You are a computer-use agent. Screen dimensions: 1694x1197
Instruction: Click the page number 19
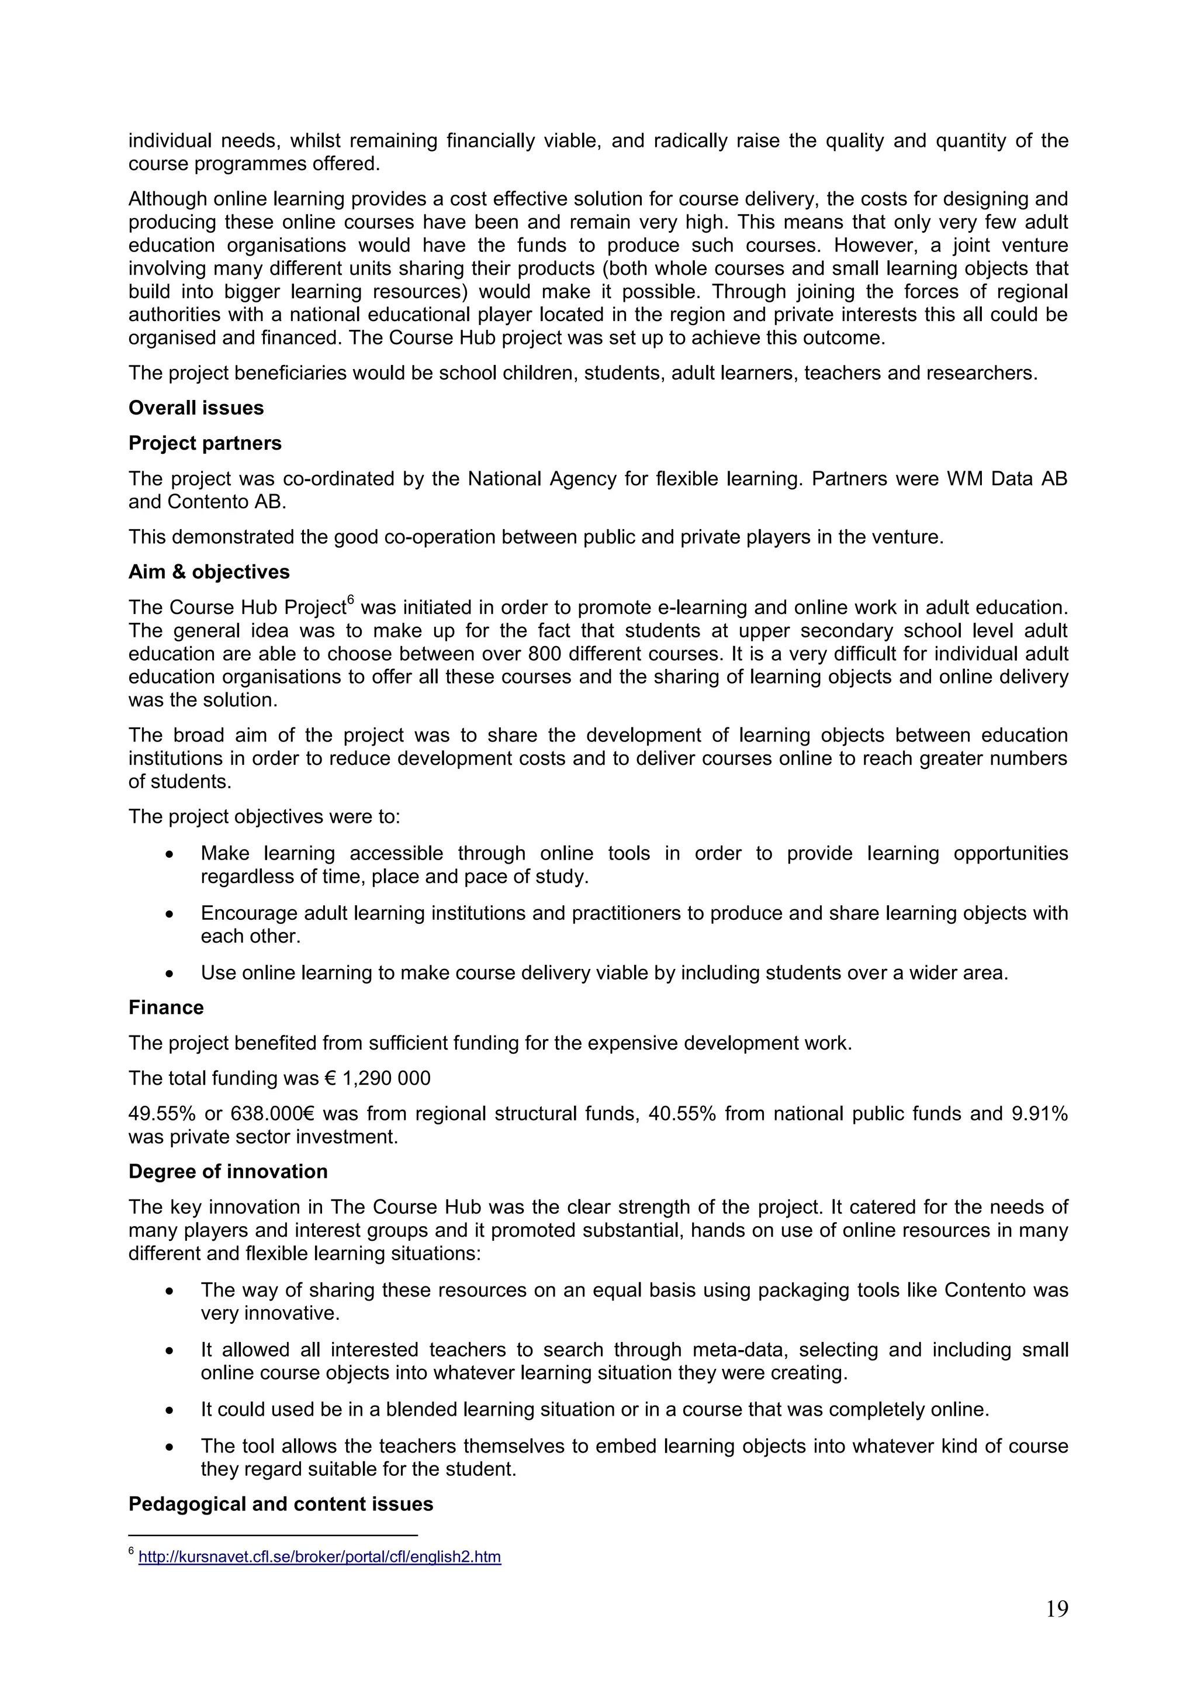(1056, 1609)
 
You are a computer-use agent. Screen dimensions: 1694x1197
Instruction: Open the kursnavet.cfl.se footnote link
(319, 1558)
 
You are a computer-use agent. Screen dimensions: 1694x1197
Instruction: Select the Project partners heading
(205, 443)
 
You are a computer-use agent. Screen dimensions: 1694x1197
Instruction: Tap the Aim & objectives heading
(209, 572)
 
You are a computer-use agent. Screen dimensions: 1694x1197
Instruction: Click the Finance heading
(166, 1008)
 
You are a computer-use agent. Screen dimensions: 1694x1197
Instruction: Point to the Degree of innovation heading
(228, 1172)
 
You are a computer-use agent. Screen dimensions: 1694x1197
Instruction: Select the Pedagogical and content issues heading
(281, 1505)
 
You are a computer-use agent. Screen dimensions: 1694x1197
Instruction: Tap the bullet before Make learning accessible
(169, 854)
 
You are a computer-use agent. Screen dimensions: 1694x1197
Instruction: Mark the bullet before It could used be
(169, 1410)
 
